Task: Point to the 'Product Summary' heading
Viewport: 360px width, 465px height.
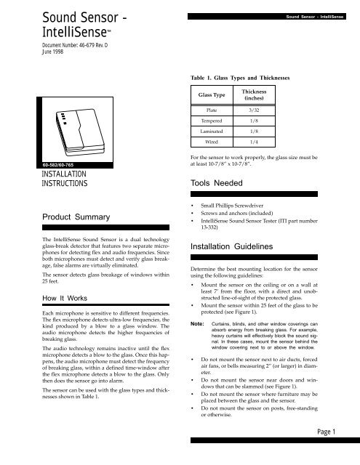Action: [60, 217]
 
